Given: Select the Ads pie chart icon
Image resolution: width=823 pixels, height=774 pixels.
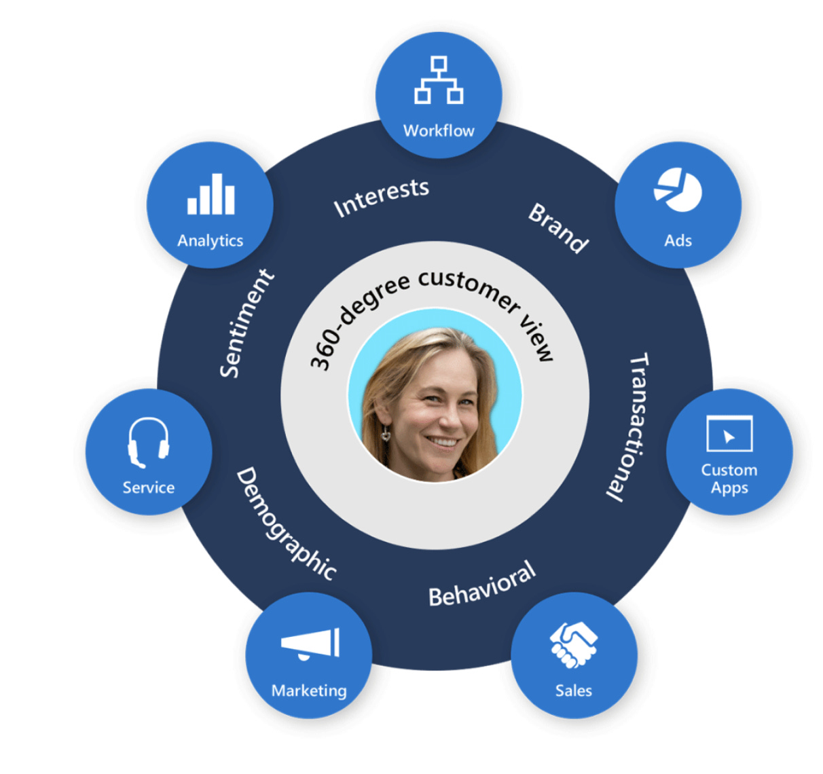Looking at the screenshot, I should tap(678, 189).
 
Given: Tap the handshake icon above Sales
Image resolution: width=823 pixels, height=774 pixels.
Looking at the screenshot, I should tap(574, 644).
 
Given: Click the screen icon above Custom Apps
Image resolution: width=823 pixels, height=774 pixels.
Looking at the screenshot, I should tap(729, 433).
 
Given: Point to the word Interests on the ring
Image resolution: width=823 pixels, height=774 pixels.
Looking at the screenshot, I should tap(381, 197).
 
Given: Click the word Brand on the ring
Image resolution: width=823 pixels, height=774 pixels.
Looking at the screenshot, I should tap(558, 227).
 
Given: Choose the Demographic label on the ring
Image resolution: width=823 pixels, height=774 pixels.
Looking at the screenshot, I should tap(286, 523).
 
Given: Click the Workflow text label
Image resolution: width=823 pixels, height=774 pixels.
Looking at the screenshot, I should tap(439, 130).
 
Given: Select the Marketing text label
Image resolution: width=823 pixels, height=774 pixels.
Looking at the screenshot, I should tap(309, 690).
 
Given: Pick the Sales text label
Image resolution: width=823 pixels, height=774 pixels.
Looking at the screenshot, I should tap(574, 690).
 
